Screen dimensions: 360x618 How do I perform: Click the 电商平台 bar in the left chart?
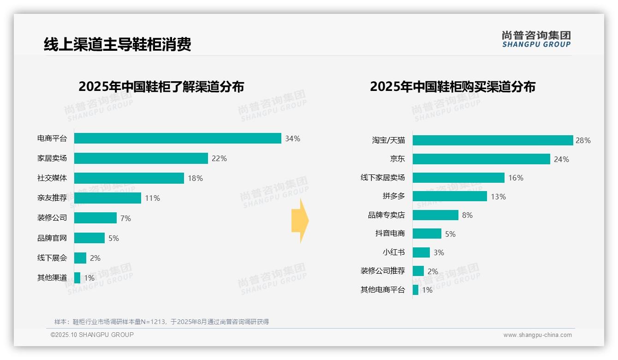178,138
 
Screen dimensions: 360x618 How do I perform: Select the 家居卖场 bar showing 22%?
141,158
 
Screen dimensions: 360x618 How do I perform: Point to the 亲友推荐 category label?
52,198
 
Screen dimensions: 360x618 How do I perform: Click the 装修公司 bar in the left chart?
95,218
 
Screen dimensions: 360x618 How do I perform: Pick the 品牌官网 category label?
52,238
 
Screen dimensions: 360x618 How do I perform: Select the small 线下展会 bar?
80,258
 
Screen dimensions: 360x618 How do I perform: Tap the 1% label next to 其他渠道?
89,278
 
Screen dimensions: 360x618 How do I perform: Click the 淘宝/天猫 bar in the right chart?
493,140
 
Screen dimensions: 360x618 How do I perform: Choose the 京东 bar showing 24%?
481,159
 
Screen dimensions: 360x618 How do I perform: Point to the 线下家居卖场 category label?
383,178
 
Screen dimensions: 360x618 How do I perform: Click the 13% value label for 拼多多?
498,197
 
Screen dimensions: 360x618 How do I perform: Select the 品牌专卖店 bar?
435,215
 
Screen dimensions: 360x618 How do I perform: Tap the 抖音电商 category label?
390,234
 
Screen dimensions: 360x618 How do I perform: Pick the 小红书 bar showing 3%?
421,252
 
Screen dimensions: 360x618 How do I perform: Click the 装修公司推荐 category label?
383,271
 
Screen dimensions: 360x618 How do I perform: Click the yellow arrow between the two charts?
300,221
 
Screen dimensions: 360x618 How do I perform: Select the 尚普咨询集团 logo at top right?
536,39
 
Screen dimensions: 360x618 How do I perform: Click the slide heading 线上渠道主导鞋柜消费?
117,44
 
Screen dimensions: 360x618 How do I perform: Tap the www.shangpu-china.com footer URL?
537,335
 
